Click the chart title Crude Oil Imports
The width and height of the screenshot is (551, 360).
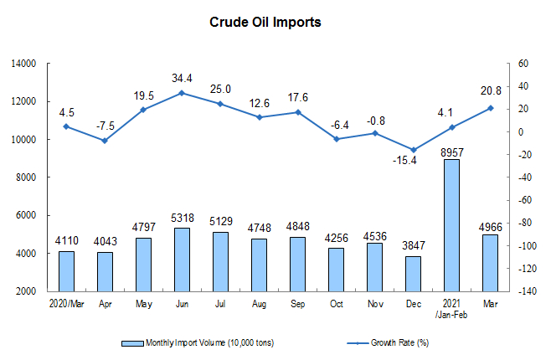tap(265, 22)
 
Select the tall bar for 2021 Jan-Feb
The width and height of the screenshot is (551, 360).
tap(451, 225)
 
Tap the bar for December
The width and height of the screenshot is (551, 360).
tap(414, 274)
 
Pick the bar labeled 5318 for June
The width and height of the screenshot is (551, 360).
tap(182, 260)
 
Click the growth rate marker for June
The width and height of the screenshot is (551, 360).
tap(182, 93)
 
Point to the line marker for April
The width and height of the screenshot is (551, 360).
tap(105, 141)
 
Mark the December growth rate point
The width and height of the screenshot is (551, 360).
tap(414, 150)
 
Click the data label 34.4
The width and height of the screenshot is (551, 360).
tap(182, 78)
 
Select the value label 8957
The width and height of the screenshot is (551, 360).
tap(452, 152)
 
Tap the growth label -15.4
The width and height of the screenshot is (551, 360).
tap(404, 161)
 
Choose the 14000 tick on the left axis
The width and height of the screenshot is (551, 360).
tap(23, 64)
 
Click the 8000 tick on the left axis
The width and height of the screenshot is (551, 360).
tap(26, 177)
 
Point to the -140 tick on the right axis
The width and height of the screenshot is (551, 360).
tap(527, 291)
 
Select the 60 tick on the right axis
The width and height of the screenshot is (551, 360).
tap(523, 64)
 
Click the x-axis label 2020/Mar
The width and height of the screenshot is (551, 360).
tap(67, 304)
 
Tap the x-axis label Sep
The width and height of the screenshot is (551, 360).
tap(297, 304)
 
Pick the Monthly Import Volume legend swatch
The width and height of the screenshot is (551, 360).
tap(132, 343)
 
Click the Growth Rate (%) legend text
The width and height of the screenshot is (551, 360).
tap(400, 342)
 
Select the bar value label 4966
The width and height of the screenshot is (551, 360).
tap(491, 227)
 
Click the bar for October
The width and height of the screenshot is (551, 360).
tap(337, 270)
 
